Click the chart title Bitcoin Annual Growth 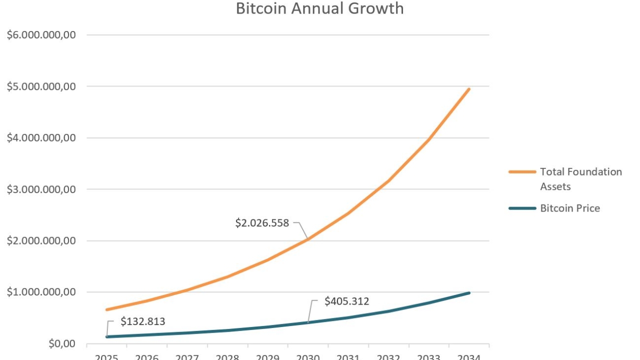[319, 8]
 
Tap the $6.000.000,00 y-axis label [41, 35]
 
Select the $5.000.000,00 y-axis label [41, 86]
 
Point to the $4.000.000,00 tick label [41, 138]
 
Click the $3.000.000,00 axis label [41, 189]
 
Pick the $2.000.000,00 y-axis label [41, 241]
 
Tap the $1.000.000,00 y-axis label [41, 292]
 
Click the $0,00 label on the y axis [61, 344]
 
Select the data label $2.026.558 [262, 223]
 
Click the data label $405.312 [346, 301]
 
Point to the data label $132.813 [142, 321]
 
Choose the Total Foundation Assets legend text [581, 179]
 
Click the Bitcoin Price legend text [570, 208]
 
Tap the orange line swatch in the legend [522, 172]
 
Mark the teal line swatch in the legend [522, 208]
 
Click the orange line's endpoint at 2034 [469, 89]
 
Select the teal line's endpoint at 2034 [469, 292]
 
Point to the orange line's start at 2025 [106, 309]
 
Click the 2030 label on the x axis [307, 357]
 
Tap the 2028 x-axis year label [227, 357]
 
